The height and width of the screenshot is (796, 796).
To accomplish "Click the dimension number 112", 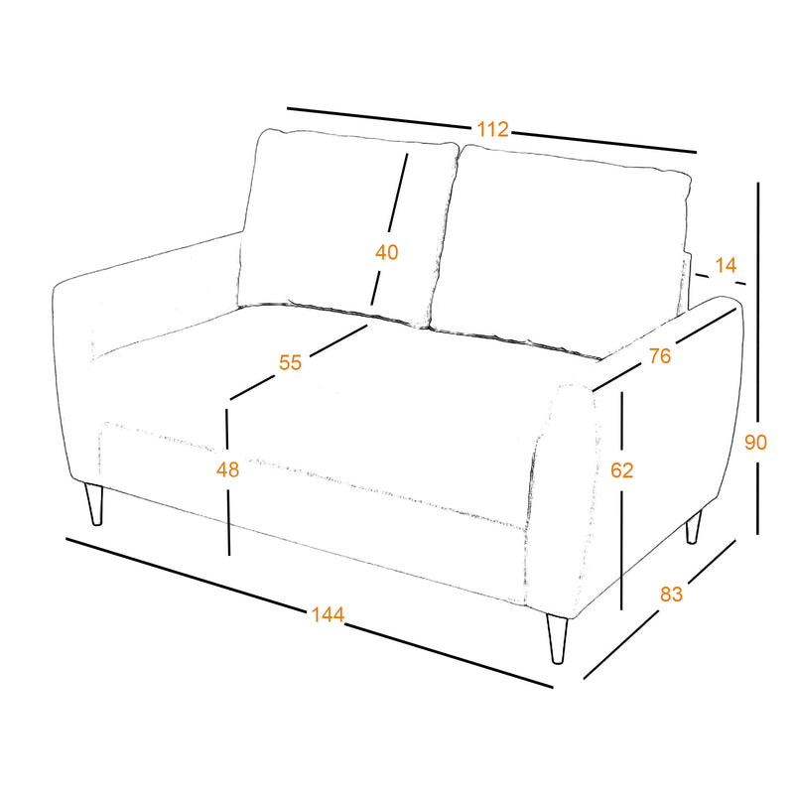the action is click(x=492, y=129).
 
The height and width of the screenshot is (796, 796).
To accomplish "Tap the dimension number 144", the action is click(x=328, y=614).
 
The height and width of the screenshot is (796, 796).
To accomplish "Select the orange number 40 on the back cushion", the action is click(x=387, y=252).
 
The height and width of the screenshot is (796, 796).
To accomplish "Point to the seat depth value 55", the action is click(x=291, y=362).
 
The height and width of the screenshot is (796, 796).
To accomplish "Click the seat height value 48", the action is click(x=228, y=470).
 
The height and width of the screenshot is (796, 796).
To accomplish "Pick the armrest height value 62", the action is click(x=622, y=470).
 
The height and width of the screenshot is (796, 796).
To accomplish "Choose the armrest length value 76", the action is click(x=660, y=356).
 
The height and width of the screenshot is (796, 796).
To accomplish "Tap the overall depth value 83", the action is click(x=671, y=594).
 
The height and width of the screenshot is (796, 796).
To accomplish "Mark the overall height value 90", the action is click(x=755, y=443).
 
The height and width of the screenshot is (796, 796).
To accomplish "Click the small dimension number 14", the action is click(x=726, y=265).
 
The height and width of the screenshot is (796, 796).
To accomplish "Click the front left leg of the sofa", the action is click(x=94, y=503).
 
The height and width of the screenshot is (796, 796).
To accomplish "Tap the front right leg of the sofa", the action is click(x=557, y=638).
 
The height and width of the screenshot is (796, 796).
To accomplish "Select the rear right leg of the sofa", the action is click(x=694, y=527).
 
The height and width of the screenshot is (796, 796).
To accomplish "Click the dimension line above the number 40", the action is click(x=397, y=193).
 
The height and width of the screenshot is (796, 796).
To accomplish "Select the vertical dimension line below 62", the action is click(x=621, y=547).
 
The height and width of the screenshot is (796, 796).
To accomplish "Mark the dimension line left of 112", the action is click(x=380, y=117).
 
